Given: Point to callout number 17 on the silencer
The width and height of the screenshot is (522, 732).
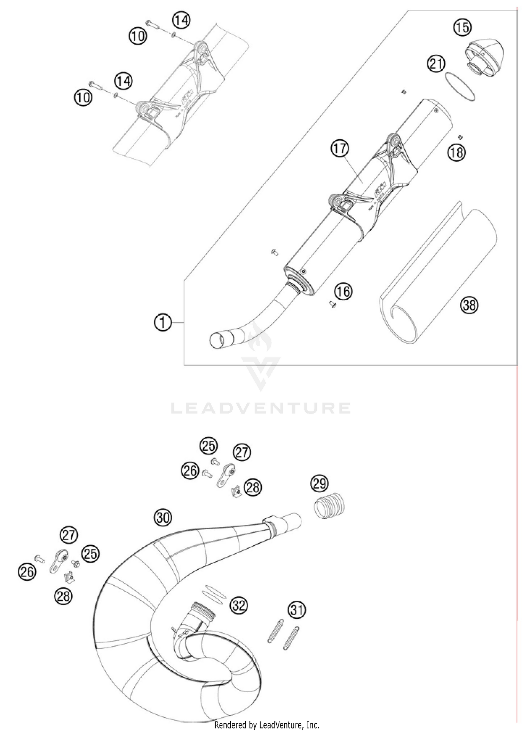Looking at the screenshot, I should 340,148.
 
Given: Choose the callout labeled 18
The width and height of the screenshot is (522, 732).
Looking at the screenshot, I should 457,152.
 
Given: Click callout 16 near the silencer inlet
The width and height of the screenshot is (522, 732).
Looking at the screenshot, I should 344,291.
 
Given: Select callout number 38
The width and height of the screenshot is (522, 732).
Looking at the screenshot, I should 469,305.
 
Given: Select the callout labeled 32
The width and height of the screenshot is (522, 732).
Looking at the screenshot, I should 238,606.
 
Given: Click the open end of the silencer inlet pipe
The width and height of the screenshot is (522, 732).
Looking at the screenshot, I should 217,340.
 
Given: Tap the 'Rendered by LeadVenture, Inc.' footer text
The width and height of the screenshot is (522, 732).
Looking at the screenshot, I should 267,725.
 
